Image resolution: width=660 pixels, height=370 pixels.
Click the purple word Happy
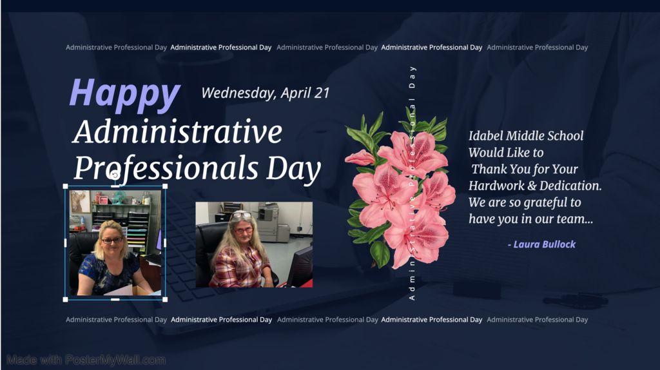pos(125,94)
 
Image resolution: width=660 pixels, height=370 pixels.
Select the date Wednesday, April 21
pos(265,93)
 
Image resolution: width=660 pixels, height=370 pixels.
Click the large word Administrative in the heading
pos(177,131)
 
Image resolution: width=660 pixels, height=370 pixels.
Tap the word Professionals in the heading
pos(166,168)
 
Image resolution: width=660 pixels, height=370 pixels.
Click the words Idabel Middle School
pos(526,135)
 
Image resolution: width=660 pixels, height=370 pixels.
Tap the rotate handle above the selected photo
pos(115,175)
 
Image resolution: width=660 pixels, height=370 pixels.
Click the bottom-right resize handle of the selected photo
pos(165,299)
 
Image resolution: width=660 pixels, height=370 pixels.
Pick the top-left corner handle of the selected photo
pos(65,186)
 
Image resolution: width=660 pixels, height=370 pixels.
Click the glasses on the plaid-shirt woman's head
pos(241,216)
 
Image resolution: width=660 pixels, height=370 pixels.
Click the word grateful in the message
pos(545,203)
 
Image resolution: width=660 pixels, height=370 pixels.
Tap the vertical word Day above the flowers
pos(412,77)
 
